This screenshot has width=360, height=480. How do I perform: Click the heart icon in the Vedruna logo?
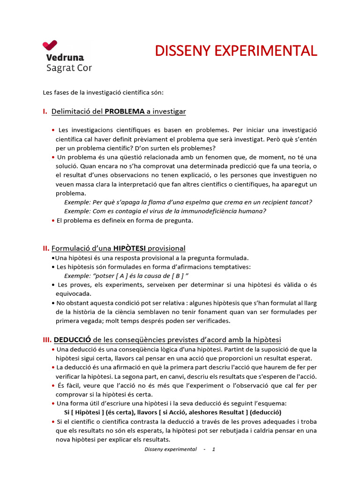(50, 45)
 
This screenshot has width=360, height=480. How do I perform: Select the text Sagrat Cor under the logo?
(69, 68)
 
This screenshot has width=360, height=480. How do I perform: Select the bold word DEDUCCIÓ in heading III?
(72, 339)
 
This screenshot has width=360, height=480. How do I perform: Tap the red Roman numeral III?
(47, 339)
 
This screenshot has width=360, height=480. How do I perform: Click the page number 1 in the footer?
(214, 449)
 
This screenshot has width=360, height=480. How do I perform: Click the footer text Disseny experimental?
(170, 449)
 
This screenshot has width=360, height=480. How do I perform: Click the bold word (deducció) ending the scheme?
(265, 412)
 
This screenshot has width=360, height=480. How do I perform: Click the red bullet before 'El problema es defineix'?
(53, 220)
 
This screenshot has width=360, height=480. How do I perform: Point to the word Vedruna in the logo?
(65, 58)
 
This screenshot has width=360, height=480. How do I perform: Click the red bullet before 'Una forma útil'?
(53, 404)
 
